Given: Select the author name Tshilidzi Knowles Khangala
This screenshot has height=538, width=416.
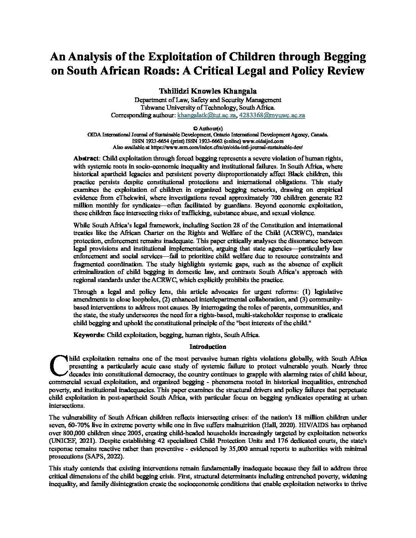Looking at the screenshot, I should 208,91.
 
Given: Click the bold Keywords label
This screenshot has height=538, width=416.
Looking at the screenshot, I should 89,335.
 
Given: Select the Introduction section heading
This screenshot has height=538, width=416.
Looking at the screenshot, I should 208,347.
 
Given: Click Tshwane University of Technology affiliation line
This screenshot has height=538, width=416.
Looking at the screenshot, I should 208,107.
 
